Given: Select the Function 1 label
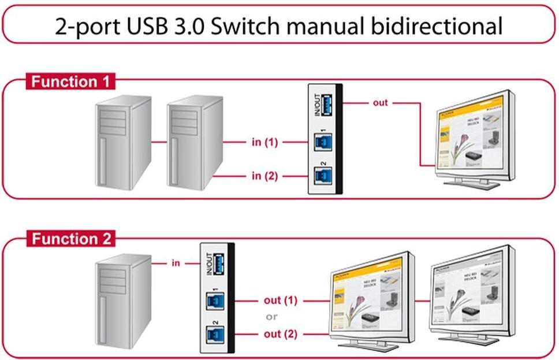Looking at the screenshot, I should [70, 81].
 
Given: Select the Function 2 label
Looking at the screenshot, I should [70, 238].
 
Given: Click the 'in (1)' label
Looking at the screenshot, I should [264, 142].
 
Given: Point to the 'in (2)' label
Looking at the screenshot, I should [264, 176].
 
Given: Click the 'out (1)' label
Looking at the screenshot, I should [280, 300].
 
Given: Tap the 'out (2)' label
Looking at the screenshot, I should [280, 334].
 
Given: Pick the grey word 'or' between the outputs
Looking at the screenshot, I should [271, 317].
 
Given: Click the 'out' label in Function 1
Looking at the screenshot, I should [381, 103].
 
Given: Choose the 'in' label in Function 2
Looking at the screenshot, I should [176, 263].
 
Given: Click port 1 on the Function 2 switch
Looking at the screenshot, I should [214, 302].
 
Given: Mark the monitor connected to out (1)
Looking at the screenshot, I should [370, 300].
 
